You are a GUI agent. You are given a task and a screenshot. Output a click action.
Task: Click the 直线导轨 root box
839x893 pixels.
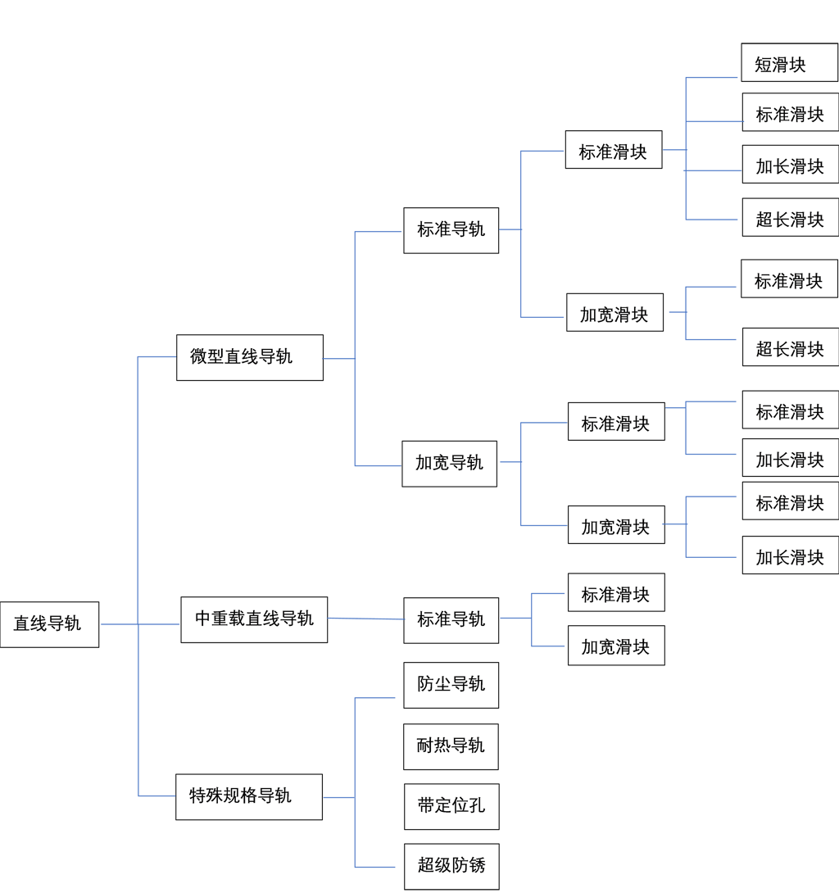pos(49,624)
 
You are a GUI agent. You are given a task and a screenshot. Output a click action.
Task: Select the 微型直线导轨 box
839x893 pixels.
pos(249,357)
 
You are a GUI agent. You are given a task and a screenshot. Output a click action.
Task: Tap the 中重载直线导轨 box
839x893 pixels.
pos(253,619)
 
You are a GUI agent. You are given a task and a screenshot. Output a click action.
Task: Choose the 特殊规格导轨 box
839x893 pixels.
pos(248,796)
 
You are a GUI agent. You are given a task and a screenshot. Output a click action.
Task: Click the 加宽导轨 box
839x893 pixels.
pos(450,464)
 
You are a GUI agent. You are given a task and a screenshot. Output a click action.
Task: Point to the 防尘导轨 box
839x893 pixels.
pos(451,685)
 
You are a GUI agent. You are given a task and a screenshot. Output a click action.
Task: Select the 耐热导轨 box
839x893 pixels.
pos(451,746)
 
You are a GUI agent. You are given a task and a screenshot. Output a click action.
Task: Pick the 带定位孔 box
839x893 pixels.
pos(451,806)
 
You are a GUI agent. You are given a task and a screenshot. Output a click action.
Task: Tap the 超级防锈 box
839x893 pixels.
pos(451,866)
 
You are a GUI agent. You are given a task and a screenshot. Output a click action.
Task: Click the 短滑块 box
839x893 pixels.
pos(790,66)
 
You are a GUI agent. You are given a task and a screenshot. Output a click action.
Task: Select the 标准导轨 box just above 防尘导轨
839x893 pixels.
pos(451,620)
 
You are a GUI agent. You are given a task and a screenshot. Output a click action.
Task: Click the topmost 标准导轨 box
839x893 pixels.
pos(451,230)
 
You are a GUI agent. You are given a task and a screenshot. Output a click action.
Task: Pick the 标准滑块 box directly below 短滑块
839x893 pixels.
pos(790,116)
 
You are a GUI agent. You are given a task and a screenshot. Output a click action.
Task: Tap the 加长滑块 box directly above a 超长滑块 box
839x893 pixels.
pos(790,168)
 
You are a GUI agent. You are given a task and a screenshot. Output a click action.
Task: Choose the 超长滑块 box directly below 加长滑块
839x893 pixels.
pos(790,220)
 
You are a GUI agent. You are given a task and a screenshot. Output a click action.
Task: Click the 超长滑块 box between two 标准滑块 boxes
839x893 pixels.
pos(790,350)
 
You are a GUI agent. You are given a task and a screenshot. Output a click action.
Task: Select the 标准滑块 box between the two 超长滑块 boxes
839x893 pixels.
pos(790,282)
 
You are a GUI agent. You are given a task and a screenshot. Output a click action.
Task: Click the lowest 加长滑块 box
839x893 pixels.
pos(790,558)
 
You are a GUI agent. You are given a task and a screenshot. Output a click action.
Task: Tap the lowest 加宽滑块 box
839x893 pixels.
pos(616,647)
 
